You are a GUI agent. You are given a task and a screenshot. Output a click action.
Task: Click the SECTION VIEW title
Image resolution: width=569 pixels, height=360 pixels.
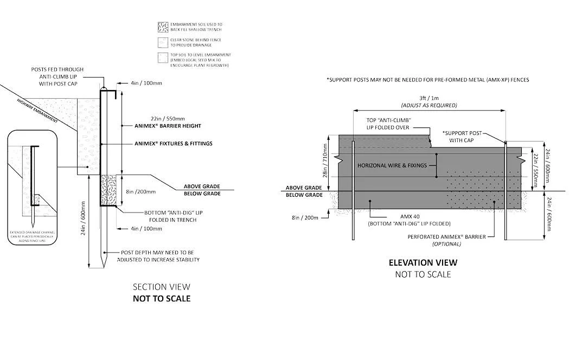162,287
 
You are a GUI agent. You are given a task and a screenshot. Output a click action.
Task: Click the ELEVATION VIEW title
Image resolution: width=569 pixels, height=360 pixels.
423,262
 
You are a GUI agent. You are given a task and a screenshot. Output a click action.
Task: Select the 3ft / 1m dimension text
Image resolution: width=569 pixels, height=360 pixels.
429,98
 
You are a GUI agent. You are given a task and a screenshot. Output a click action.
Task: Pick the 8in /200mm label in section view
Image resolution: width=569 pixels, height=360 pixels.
140,191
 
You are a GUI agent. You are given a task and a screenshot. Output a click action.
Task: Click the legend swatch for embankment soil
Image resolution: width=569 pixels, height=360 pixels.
161,27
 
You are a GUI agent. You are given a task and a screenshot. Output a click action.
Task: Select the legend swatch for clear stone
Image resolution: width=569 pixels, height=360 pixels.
161,42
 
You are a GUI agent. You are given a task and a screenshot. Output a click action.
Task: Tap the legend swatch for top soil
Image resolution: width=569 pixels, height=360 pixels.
161,57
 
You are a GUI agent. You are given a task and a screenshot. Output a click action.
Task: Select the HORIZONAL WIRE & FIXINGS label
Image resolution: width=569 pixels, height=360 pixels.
392,165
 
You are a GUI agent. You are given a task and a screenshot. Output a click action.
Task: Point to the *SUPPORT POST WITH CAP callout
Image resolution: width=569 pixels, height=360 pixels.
461,137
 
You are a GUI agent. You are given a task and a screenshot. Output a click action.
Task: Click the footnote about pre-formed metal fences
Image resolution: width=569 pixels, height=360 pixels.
427,80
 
